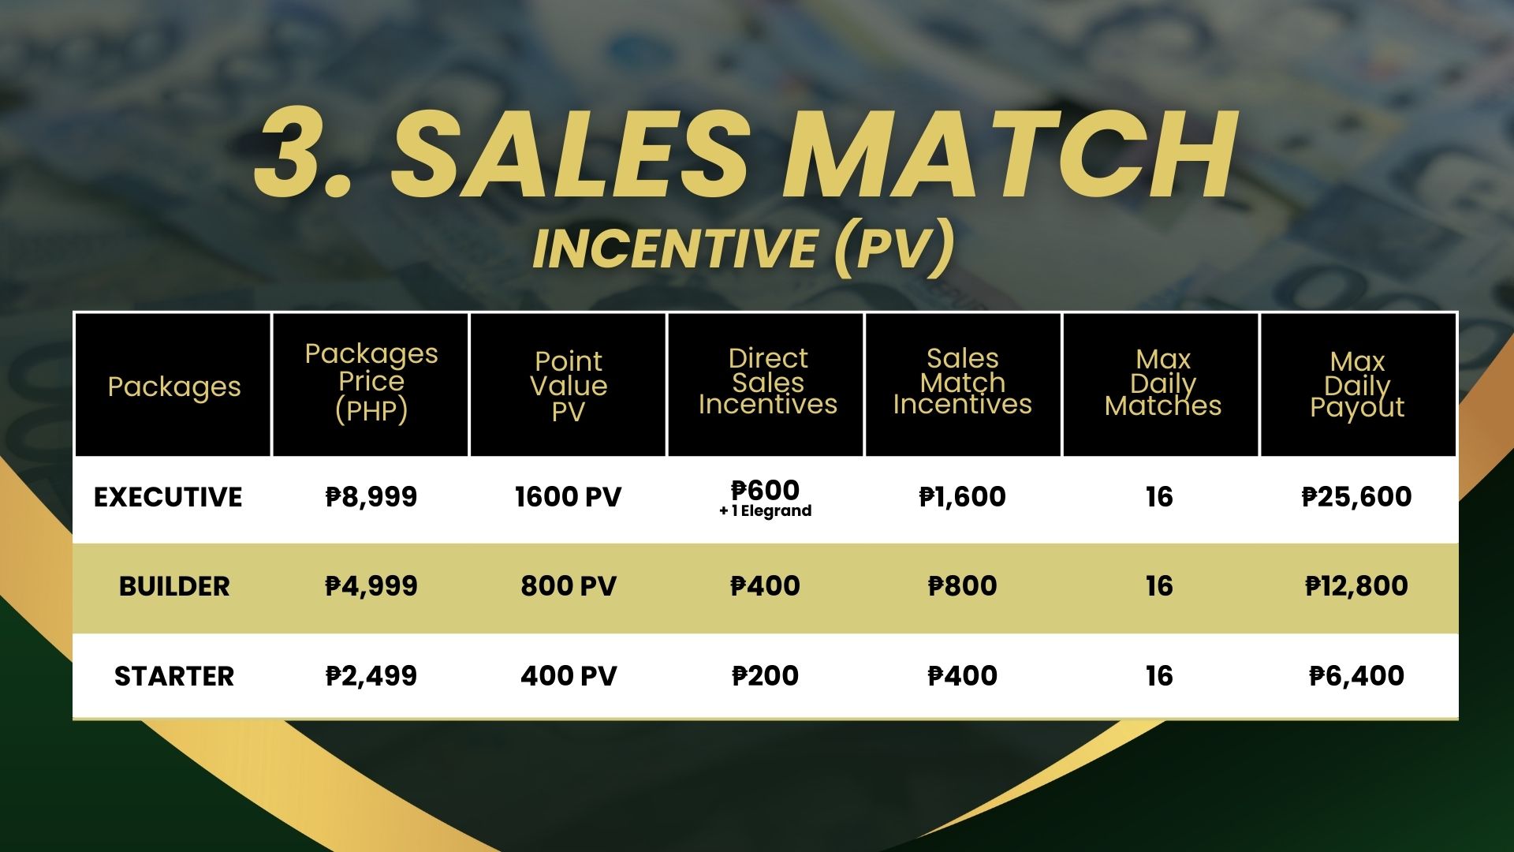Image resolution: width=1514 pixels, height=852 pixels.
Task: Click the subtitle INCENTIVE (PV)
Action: [x=744, y=248]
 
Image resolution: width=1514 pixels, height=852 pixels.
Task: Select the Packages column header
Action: [x=174, y=387]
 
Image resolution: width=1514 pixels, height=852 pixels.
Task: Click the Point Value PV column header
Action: [x=569, y=386]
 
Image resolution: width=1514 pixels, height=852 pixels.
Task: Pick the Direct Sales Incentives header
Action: [x=767, y=382]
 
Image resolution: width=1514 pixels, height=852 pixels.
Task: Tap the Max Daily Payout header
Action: [x=1357, y=385]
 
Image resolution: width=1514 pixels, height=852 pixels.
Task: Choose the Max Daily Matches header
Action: [x=1163, y=383]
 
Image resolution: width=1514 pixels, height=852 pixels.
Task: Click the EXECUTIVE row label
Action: [x=168, y=497]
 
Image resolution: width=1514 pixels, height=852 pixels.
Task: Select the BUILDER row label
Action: [x=174, y=586]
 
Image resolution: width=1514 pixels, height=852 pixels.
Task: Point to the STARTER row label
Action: [x=174, y=676]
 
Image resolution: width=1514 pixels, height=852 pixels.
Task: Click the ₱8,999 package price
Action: [x=371, y=497]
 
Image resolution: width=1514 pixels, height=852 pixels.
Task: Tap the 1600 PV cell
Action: [x=569, y=497]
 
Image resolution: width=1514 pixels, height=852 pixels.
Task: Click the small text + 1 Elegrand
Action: [x=766, y=511]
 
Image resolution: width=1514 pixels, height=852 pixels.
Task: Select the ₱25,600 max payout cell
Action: [x=1357, y=497]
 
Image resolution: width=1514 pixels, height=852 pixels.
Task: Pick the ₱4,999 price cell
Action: [x=371, y=586]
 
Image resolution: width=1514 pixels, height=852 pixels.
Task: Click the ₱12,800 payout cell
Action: [x=1357, y=586]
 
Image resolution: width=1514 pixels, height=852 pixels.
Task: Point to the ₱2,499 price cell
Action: [x=371, y=676]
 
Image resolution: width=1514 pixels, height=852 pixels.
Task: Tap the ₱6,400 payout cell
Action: [x=1357, y=676]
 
